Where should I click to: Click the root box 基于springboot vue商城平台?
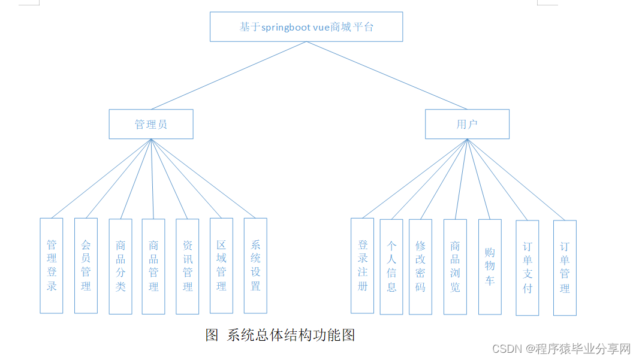click(x=306, y=27)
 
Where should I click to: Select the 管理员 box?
click(x=151, y=124)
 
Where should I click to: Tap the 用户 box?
click(x=467, y=124)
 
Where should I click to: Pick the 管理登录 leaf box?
click(x=52, y=265)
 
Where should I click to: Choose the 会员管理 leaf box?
click(x=86, y=265)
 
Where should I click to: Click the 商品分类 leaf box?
click(x=120, y=266)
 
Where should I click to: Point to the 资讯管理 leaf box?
click(x=188, y=266)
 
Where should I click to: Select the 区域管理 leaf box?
click(x=221, y=266)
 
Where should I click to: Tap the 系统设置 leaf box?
click(x=255, y=265)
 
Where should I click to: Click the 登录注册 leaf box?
click(x=362, y=265)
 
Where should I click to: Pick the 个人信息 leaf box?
click(x=391, y=267)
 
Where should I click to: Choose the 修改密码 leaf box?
click(x=420, y=267)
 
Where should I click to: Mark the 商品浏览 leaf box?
click(x=455, y=267)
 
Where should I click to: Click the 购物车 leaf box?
click(x=490, y=267)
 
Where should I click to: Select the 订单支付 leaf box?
click(x=528, y=268)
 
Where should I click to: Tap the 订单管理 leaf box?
click(x=565, y=268)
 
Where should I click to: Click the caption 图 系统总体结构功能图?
click(x=280, y=335)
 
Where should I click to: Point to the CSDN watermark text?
click(x=562, y=349)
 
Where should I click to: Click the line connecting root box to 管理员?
click(x=228, y=75)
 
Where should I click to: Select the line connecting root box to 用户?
click(x=387, y=75)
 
